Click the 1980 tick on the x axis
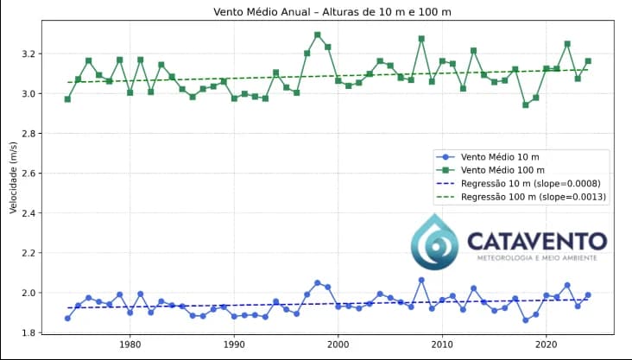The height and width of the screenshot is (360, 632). pos(130,345)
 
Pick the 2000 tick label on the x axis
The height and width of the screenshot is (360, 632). pos(338,345)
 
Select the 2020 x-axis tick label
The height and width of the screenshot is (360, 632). pos(546,345)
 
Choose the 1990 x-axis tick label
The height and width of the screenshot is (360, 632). pos(234,345)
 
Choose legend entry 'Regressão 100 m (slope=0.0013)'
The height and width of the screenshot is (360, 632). pos(534,197)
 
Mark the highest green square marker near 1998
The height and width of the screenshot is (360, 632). pos(317,35)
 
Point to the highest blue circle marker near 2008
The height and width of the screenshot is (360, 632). pos(421,280)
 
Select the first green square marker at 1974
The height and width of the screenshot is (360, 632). pos(67,99)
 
